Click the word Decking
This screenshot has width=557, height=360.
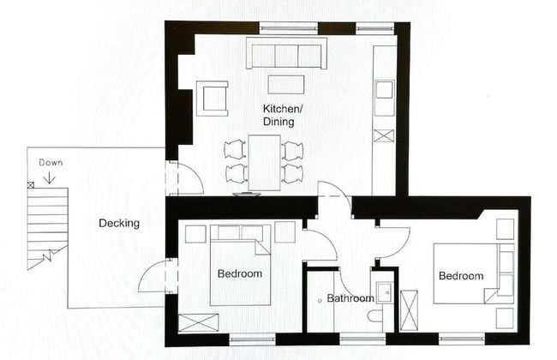(x=119, y=224)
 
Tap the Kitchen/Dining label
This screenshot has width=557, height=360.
(x=283, y=115)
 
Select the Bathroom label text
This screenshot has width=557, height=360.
(x=350, y=298)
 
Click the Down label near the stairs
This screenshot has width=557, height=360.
(x=51, y=163)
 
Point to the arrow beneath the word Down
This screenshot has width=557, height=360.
(x=50, y=177)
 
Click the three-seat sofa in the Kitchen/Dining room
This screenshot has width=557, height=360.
(x=286, y=52)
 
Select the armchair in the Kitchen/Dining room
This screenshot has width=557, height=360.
(x=212, y=98)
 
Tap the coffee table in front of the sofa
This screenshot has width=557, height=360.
(x=286, y=85)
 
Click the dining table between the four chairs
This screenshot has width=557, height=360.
(x=264, y=162)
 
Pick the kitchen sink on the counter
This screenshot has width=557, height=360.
(x=385, y=89)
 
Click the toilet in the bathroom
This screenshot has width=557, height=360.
(x=374, y=315)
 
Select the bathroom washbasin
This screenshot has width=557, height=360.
(x=385, y=292)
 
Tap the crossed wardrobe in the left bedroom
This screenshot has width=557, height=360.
(x=198, y=323)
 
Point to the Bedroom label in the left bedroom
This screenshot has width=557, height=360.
(x=240, y=273)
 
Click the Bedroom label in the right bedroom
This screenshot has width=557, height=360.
(x=461, y=276)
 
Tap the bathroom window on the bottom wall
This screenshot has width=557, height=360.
(x=362, y=339)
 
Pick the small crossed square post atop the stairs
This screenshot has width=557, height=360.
(x=31, y=185)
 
